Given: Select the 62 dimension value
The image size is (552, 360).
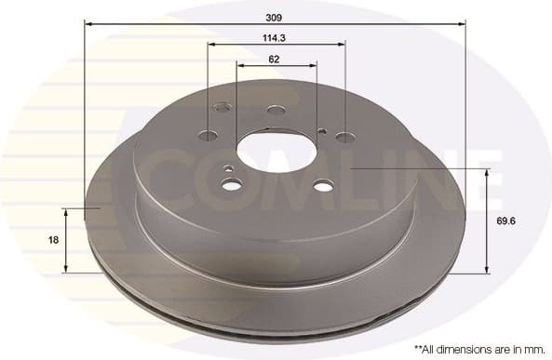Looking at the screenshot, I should pyautogui.click(x=275, y=59).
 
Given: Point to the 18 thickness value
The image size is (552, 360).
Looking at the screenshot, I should pyautogui.click(x=54, y=240).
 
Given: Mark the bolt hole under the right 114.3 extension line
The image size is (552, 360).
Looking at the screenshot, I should pyautogui.click(x=344, y=138).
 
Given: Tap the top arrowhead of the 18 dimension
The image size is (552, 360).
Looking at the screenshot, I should pyautogui.click(x=65, y=211).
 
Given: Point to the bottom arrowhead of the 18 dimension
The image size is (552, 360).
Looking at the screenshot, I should pyautogui.click(x=65, y=270).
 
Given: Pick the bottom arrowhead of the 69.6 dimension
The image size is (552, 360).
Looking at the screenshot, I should pyautogui.click(x=487, y=270).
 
